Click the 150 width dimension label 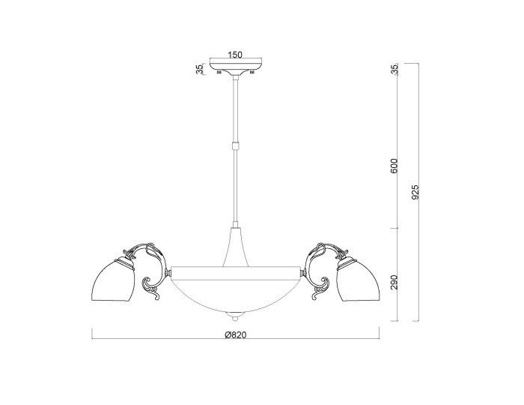point(234,55)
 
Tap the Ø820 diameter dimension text point(235,334)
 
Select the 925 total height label point(415,192)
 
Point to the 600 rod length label point(394,166)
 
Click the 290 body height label point(394,282)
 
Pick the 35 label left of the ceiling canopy point(200,69)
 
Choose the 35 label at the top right point(395,69)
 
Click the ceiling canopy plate point(236,67)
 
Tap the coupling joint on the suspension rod point(236,146)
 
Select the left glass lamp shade point(115,280)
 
